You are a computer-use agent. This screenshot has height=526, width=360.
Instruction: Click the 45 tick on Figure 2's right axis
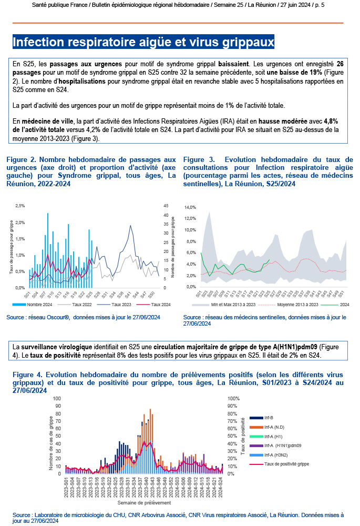point(166,205)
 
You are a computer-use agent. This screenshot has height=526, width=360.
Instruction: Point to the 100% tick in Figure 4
point(233,399)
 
